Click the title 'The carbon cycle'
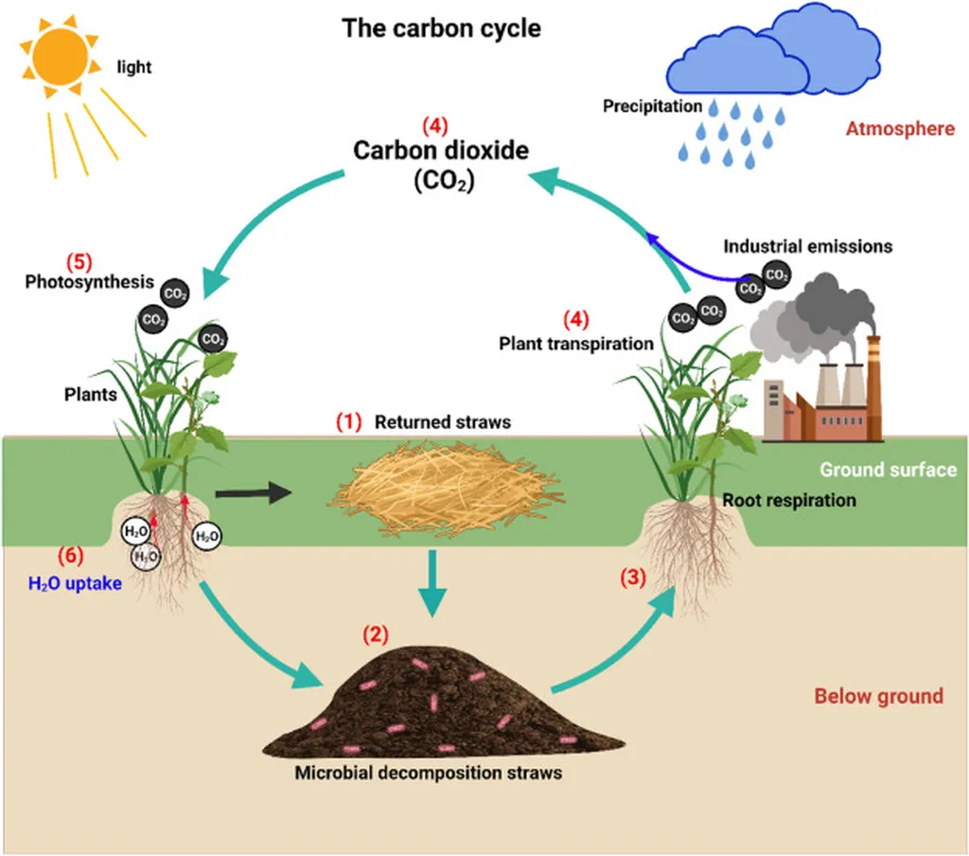click(442, 28)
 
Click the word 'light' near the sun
click(133, 67)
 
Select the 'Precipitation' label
click(652, 106)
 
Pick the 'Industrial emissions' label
click(807, 246)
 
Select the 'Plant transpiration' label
click(576, 344)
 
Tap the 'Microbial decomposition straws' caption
click(428, 773)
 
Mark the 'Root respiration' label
click(788, 500)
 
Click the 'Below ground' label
click(878, 697)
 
